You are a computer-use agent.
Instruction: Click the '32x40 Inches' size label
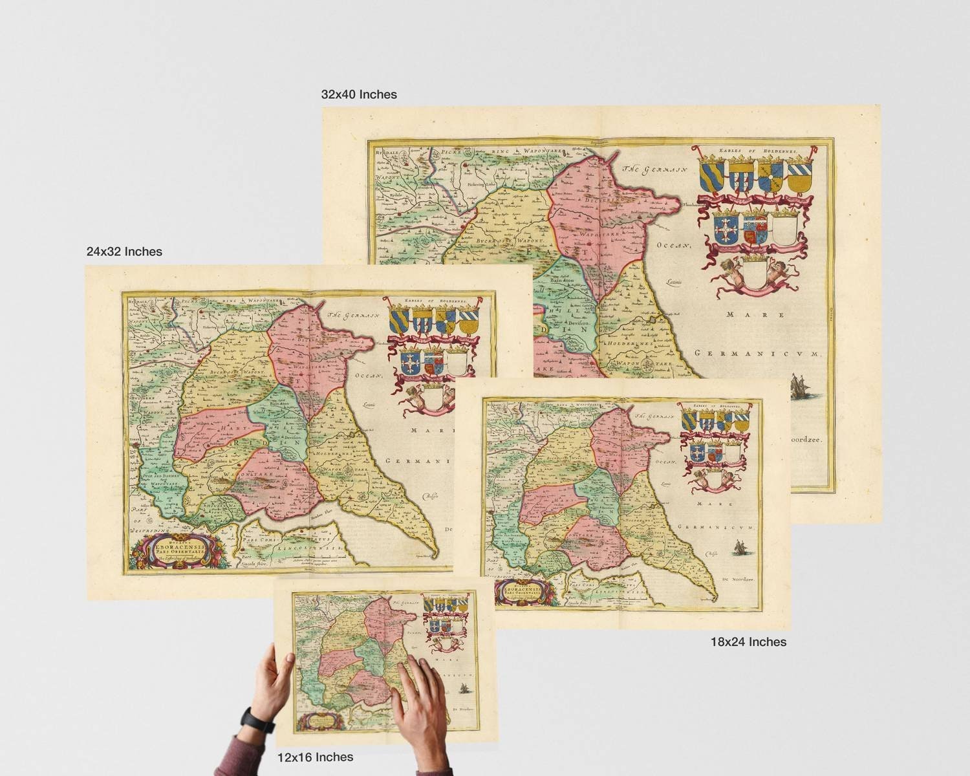359,94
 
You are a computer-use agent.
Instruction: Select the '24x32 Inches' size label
124,252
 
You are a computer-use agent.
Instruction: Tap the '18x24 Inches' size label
748,642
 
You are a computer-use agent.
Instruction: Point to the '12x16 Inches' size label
315,757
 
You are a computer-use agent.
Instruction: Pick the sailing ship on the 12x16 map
464,690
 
